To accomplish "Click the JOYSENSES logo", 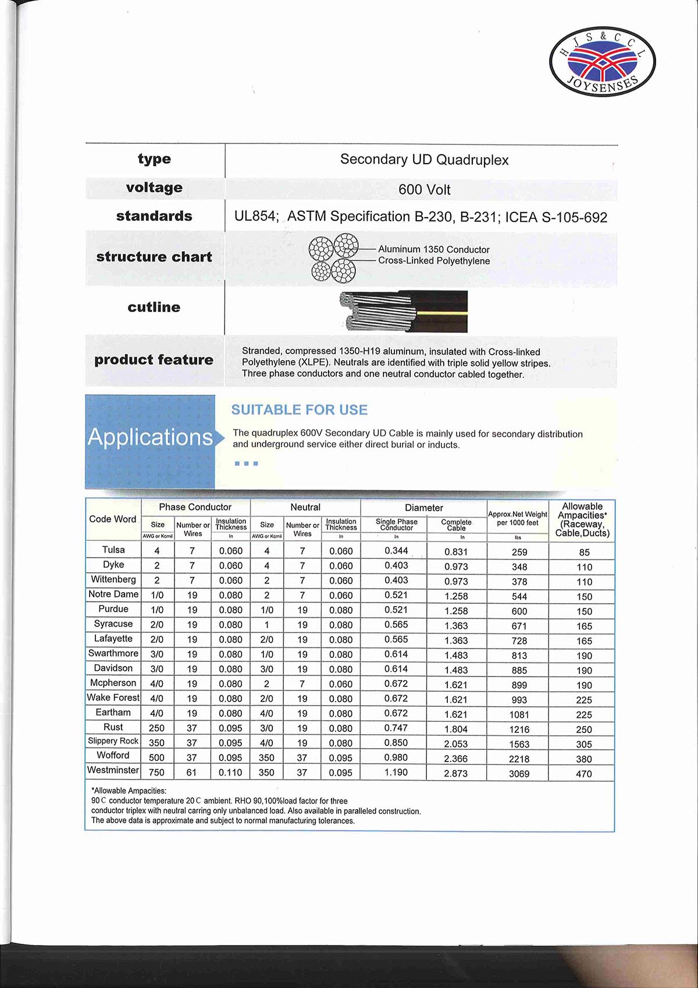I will click(602, 62).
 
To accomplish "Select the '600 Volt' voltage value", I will click(424, 190).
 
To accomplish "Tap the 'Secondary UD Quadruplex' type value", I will click(424, 160).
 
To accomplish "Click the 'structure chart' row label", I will click(154, 257).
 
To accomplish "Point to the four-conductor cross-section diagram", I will click(333, 258).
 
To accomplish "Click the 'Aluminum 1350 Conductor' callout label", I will click(433, 249).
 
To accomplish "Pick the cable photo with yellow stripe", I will click(404, 311).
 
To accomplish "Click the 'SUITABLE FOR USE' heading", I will click(299, 410).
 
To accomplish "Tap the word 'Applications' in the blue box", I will click(150, 437).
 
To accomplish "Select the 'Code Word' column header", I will click(113, 519).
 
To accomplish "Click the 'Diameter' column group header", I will click(423, 508).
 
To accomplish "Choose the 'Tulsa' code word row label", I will click(113, 550).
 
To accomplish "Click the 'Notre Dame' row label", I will click(113, 594).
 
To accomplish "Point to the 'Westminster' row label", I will click(113, 770).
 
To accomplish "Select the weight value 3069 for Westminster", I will click(519, 774).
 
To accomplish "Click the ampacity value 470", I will click(583, 774).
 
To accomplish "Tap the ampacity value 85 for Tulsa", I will click(584, 552).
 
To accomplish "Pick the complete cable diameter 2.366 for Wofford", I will click(455, 759).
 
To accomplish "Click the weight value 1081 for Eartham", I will click(519, 714).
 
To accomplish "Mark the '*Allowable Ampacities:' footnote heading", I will click(129, 791).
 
